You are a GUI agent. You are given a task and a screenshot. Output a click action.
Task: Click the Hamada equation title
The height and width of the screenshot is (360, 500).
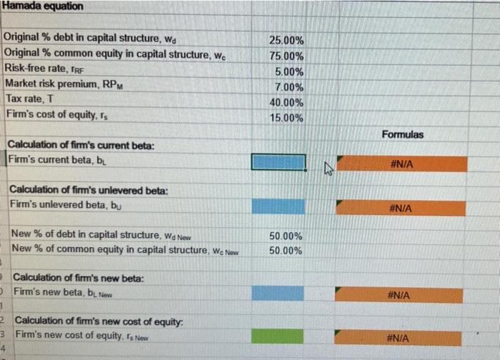click(43, 6)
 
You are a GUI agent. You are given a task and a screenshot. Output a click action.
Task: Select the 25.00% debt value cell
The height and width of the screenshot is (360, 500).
click(285, 41)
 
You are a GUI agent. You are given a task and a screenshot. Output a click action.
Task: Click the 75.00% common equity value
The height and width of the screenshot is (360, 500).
click(285, 56)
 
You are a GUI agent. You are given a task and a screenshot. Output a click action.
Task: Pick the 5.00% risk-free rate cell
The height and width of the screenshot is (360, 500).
click(289, 72)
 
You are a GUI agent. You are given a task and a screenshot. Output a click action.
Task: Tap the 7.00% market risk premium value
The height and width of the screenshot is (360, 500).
click(289, 87)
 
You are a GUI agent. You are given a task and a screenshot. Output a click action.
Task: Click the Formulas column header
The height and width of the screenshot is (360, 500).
click(402, 134)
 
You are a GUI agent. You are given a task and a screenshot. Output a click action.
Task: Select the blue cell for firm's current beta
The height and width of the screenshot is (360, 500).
click(278, 163)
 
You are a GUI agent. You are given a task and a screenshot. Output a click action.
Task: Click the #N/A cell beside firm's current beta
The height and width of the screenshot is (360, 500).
click(402, 164)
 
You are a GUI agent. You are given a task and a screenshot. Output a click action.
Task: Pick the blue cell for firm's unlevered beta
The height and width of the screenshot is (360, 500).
click(278, 206)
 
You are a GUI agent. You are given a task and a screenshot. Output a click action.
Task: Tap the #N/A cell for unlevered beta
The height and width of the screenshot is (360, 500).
click(402, 208)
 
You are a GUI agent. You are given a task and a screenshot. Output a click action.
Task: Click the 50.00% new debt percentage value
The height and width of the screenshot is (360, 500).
click(285, 236)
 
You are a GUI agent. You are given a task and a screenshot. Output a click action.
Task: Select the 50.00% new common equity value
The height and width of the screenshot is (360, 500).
click(285, 251)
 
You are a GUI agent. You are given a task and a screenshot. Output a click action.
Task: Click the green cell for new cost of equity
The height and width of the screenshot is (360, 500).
click(278, 336)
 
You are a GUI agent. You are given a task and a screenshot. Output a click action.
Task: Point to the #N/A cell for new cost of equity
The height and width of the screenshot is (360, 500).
click(402, 338)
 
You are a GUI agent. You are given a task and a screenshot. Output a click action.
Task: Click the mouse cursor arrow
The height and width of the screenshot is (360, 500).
click(328, 169)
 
